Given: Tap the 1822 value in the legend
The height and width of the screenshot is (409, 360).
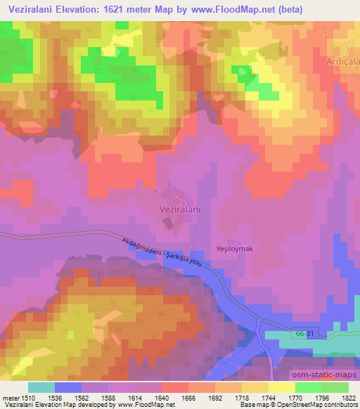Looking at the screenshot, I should point(349,397).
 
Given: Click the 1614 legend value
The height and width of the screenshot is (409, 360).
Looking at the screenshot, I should point(144,397).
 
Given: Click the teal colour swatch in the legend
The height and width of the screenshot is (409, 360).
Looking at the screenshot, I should point(41,387).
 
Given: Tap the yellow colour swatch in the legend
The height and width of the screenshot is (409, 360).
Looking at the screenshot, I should point(281,387).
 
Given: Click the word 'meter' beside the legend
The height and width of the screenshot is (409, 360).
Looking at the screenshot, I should point(10,397).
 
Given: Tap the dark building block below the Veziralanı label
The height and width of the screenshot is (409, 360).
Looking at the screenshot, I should point(169,223).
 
